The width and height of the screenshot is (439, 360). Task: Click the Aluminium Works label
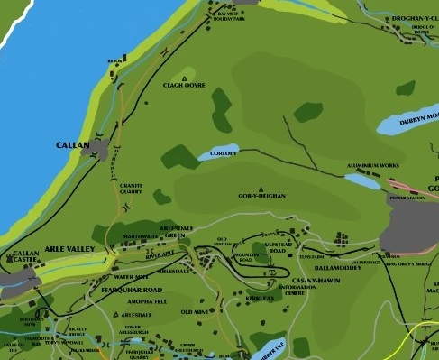[x=372, y=167]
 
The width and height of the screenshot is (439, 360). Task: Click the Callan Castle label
[x=26, y=257]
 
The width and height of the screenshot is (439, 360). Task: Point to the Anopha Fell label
[x=145, y=301]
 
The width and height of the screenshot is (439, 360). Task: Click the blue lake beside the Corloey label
[x=224, y=152]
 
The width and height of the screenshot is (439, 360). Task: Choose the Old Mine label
[x=195, y=311]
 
